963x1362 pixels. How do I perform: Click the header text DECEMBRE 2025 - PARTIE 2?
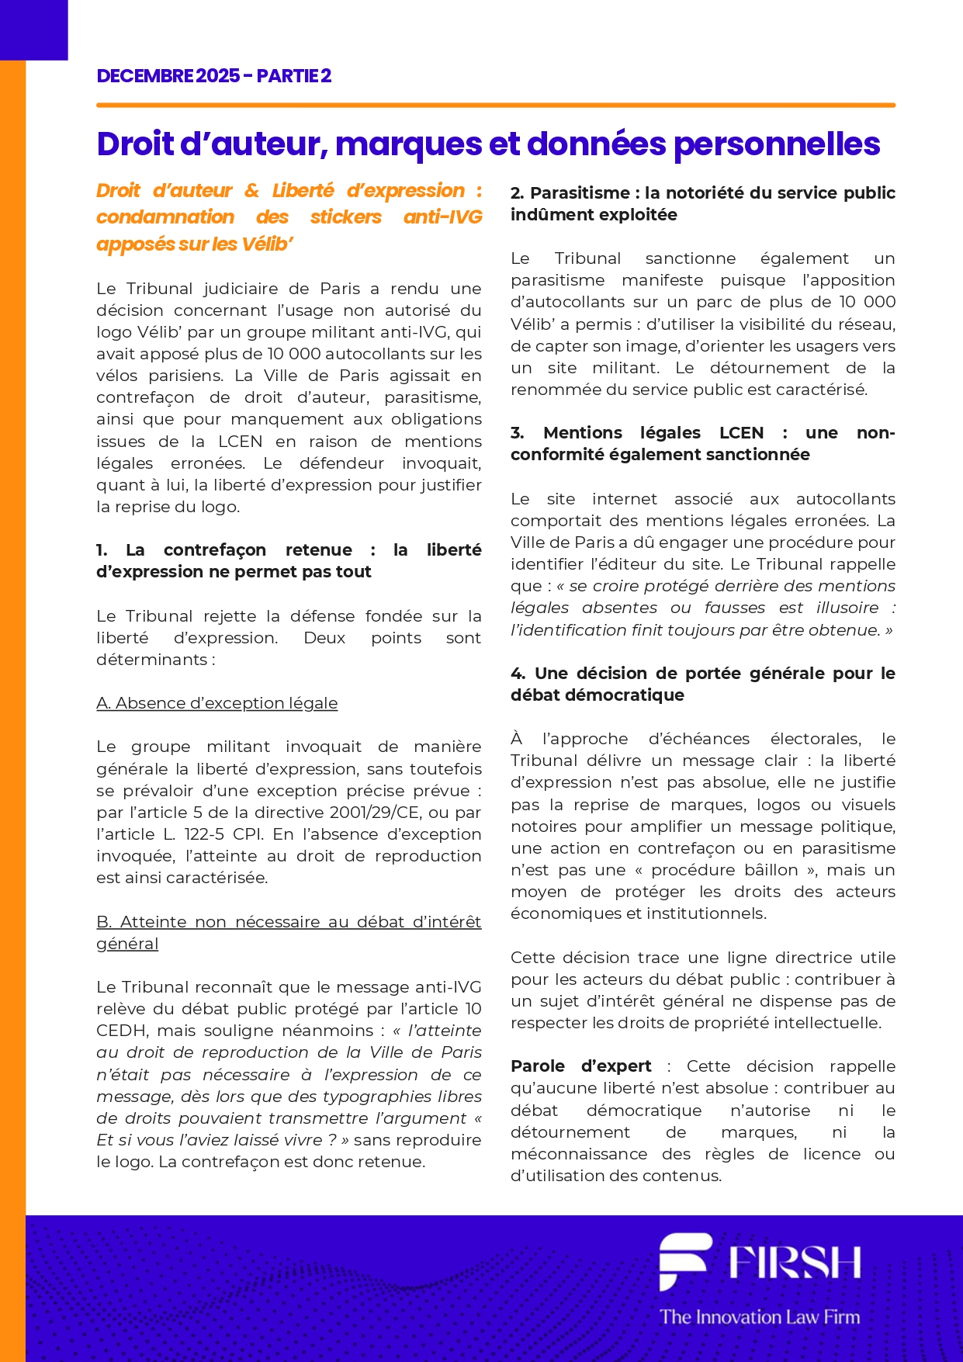pyautogui.click(x=214, y=76)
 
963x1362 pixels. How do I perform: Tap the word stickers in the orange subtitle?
pyautogui.click(x=345, y=217)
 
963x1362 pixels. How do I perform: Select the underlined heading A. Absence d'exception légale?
pyautogui.click(x=217, y=703)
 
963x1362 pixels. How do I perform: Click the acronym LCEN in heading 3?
pyautogui.click(x=741, y=433)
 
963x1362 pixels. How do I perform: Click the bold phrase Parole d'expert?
pyautogui.click(x=581, y=1066)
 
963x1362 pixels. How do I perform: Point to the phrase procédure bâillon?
pyautogui.click(x=724, y=870)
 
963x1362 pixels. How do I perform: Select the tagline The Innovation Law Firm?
pyautogui.click(x=760, y=1317)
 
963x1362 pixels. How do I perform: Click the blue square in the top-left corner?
pyautogui.click(x=33, y=29)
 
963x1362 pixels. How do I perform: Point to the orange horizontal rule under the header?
pyautogui.click(x=496, y=105)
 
